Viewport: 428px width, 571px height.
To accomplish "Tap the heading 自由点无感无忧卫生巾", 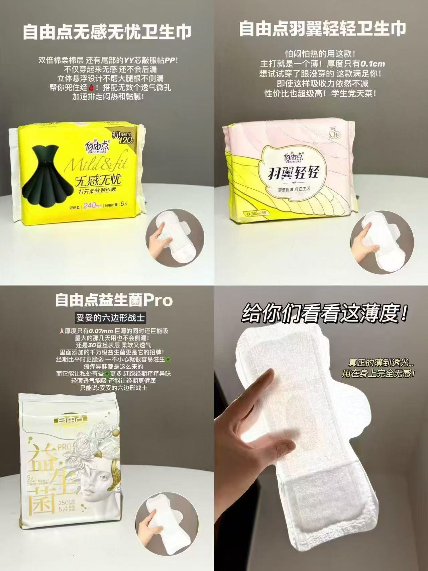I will point(107,32).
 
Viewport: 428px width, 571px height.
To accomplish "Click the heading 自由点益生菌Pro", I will point(114,300).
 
